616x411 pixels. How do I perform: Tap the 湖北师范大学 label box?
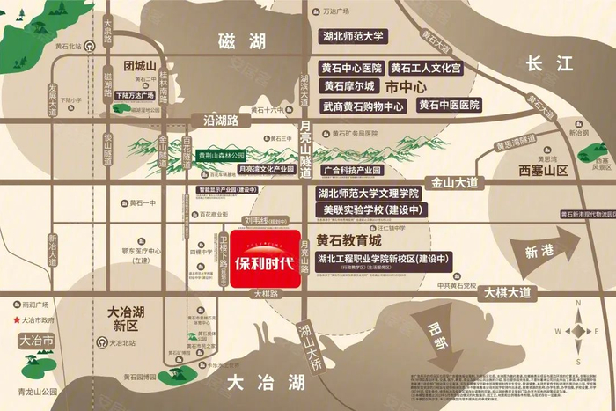[352, 37]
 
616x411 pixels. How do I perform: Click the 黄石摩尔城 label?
[349, 86]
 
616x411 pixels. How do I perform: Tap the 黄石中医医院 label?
[449, 106]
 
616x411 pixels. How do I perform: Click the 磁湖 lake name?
[244, 40]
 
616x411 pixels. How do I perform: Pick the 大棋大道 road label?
[507, 292]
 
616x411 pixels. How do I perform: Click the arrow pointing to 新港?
[545, 251]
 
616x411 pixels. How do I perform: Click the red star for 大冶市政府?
[16, 320]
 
